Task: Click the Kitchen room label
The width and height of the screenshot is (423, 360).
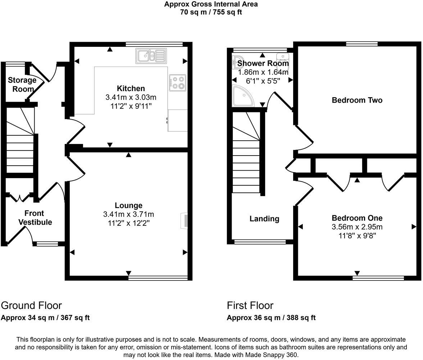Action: coord(131,89)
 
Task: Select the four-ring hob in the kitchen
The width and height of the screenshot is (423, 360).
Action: coord(178,82)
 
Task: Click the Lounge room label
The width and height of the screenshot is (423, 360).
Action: coord(128,206)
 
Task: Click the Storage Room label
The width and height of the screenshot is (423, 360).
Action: coord(22,84)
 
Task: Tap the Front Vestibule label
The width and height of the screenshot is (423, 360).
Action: coord(35,218)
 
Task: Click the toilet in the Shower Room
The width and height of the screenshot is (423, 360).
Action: coord(283,59)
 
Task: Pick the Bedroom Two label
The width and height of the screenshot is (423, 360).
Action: coord(357,100)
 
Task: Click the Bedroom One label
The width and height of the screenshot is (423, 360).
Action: coord(357,218)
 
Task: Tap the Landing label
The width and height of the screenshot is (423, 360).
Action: coord(264,219)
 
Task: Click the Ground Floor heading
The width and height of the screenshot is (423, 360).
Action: coord(31,306)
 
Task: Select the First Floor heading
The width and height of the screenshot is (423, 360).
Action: coord(250,306)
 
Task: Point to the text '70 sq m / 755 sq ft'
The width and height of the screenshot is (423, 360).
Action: coord(211,12)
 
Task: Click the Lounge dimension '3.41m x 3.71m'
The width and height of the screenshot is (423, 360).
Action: coord(128,215)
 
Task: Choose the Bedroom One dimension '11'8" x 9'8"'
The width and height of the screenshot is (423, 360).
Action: coord(357,236)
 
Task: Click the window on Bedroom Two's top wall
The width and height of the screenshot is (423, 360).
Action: coord(362,44)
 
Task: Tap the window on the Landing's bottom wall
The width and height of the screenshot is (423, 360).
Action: coord(260,242)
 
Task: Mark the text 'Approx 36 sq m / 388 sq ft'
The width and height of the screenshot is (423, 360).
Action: coord(271,318)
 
